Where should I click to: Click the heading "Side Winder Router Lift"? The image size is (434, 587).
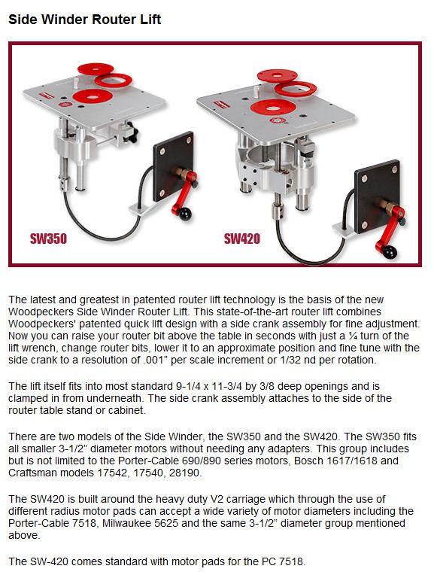pyautogui.click(x=84, y=20)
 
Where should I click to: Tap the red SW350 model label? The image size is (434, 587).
pyautogui.click(x=48, y=239)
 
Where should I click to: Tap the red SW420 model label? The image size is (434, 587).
pyautogui.click(x=241, y=239)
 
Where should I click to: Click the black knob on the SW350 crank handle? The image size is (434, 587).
pyautogui.click(x=184, y=214)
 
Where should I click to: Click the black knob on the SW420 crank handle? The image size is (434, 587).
pyautogui.click(x=390, y=253)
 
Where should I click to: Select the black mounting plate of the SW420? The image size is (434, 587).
pyautogui.click(x=376, y=196)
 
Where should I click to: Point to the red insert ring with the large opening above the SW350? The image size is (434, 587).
pyautogui.click(x=113, y=80)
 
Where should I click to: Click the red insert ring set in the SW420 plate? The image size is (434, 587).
pyautogui.click(x=273, y=108)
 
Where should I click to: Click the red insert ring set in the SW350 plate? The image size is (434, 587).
pyautogui.click(x=93, y=96)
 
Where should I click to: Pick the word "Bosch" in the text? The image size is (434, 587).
pyautogui.click(x=309, y=461)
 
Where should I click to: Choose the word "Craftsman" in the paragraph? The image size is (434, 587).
pyautogui.click(x=32, y=473)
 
